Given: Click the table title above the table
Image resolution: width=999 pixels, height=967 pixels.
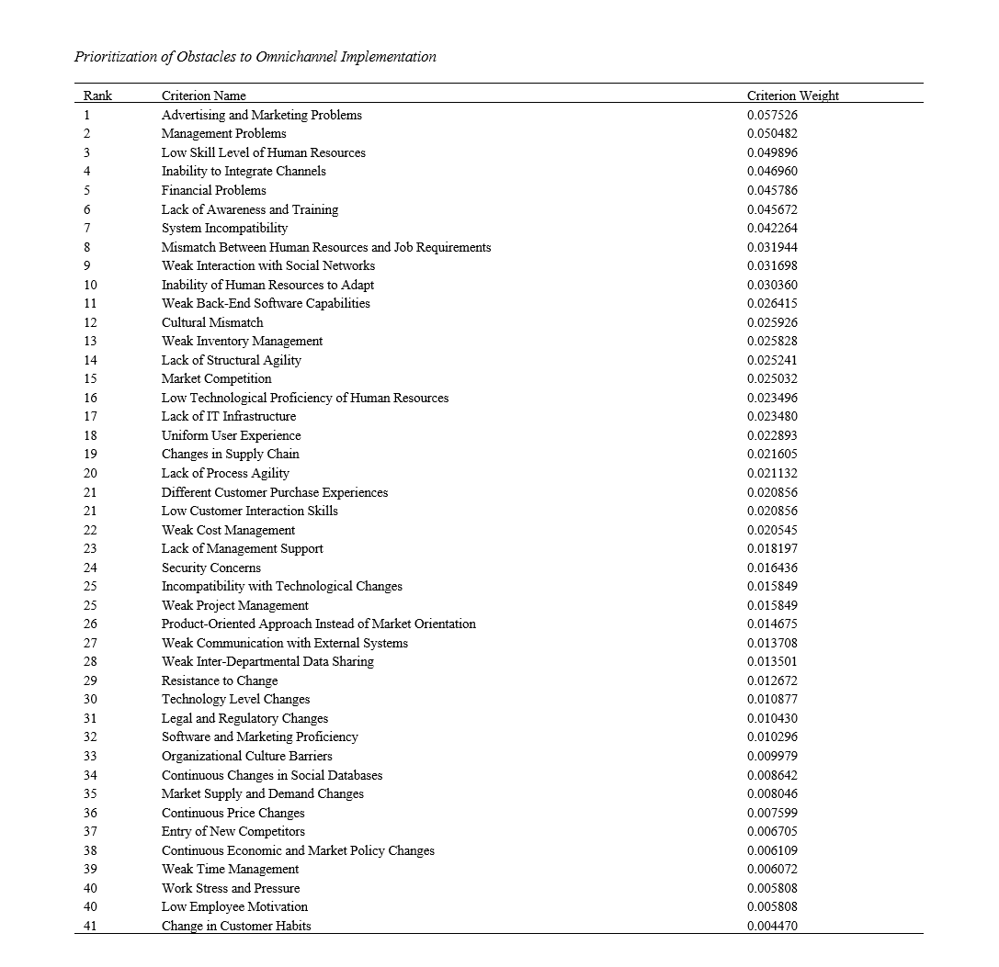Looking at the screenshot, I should click(255, 57).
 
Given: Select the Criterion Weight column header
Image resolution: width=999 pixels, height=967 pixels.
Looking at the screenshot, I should click(792, 96).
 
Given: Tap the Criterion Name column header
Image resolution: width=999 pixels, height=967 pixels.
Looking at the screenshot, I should click(203, 96).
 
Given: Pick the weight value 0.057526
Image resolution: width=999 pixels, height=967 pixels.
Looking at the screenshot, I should click(772, 115).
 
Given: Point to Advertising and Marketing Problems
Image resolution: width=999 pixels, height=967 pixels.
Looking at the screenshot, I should click(261, 115).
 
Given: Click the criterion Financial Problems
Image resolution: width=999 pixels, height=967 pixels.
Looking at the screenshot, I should click(213, 190).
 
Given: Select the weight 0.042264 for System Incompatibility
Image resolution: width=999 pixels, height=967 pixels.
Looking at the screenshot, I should click(772, 228).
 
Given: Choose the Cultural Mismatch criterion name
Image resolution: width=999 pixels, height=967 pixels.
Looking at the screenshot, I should click(211, 322).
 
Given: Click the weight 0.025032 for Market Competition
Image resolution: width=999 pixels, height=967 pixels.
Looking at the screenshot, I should click(772, 378).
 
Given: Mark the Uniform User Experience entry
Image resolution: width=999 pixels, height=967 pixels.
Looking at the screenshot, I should click(231, 435).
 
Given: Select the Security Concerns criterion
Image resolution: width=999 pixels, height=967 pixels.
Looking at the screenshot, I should click(210, 568).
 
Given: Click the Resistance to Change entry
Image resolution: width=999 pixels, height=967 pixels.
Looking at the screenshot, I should click(219, 680).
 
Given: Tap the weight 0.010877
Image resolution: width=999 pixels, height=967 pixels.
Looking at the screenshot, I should click(772, 699).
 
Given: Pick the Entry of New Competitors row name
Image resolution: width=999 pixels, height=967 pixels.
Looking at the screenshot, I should click(233, 831).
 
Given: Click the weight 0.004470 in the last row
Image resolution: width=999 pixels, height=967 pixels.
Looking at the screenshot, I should click(772, 926).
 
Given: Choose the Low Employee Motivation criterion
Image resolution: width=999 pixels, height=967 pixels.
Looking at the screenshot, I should click(234, 906).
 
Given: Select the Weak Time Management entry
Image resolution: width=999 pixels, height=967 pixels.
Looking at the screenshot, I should click(230, 869).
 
